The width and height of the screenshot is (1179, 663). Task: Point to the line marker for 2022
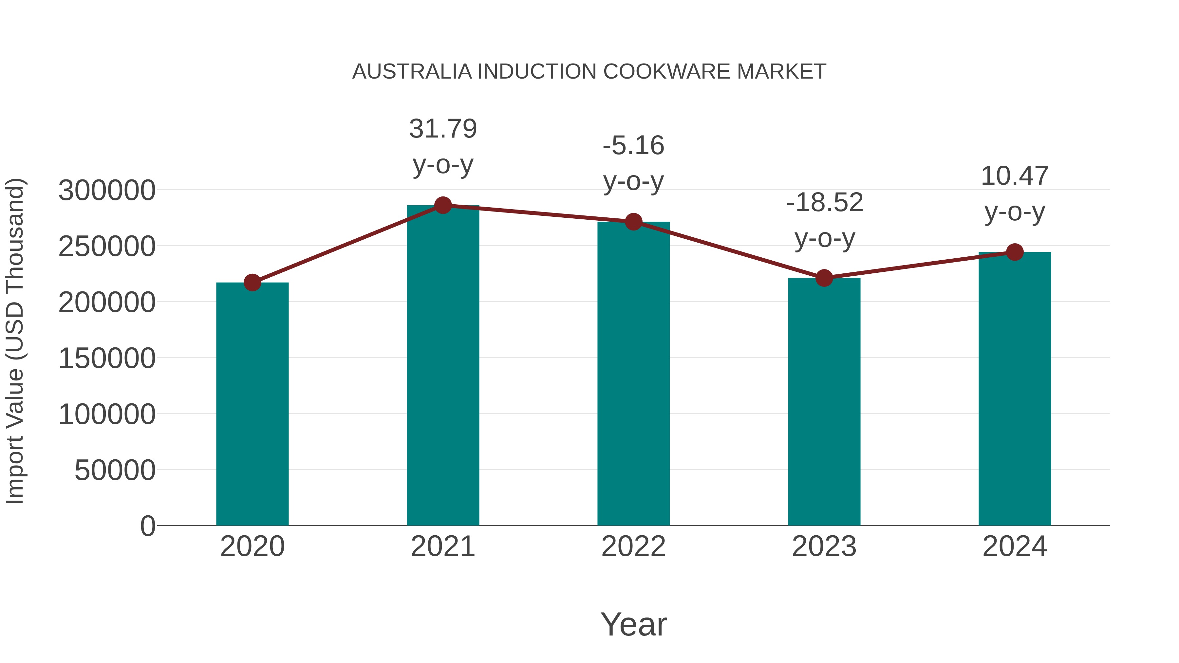(x=633, y=222)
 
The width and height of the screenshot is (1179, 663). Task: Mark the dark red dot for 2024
(x=1015, y=252)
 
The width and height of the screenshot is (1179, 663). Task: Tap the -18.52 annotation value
(x=824, y=202)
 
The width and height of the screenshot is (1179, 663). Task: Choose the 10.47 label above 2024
(x=1014, y=176)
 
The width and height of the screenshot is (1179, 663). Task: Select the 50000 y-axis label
(x=115, y=470)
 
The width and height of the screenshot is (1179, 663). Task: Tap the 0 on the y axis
(x=147, y=526)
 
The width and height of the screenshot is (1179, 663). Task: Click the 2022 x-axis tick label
(x=633, y=546)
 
